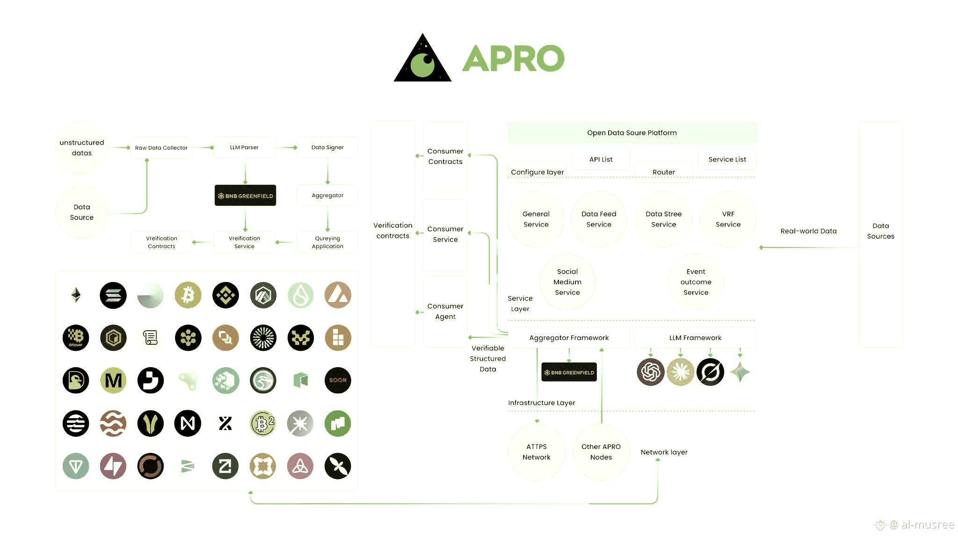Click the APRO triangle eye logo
pos(422,59)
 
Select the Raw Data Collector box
pos(161,148)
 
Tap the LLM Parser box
pos(244,147)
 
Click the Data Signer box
pos(327,147)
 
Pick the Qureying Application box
pos(327,242)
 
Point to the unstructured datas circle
pos(82,148)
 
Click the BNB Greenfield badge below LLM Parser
pos(245,196)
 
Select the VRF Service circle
pos(728,219)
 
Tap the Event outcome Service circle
pos(696,282)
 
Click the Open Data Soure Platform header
pos(631,133)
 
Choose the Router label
pos(663,172)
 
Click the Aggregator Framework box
pos(569,338)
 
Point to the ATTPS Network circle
pos(537,452)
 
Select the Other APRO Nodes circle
pos(601,452)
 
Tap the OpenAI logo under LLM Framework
pos(650,372)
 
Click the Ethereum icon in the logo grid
pos(76,295)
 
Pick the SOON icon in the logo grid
pos(338,380)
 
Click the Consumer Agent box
pos(445,311)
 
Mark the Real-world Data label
pos(808,231)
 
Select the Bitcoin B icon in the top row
pos(188,295)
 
